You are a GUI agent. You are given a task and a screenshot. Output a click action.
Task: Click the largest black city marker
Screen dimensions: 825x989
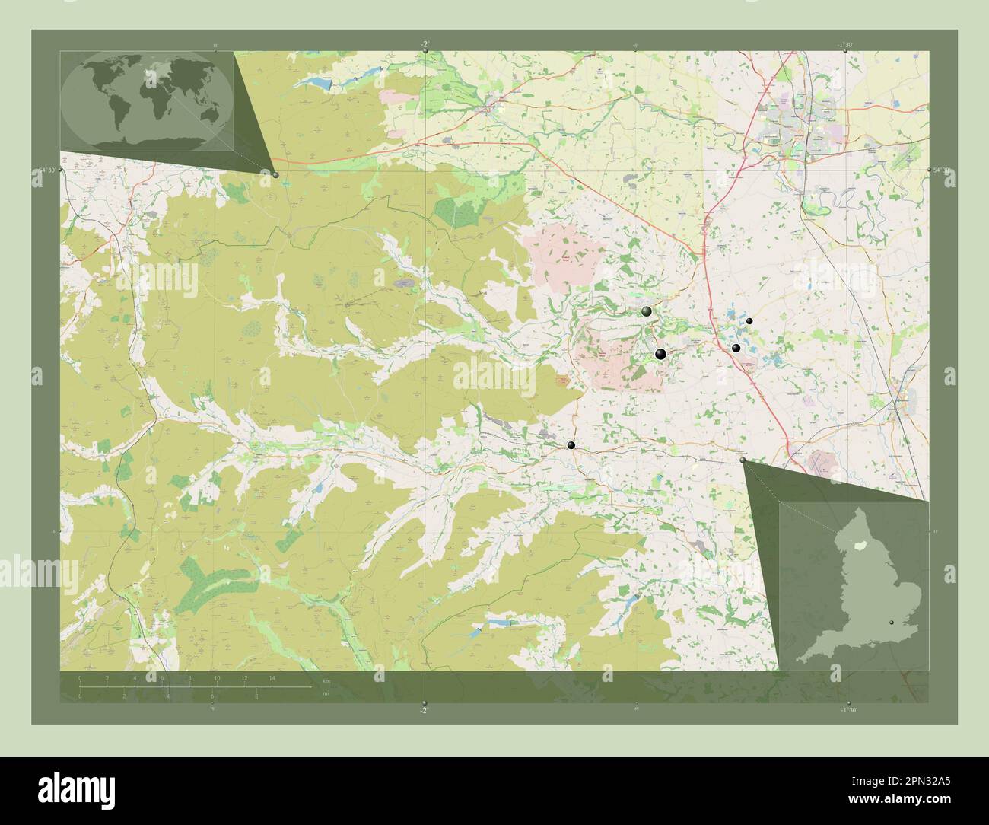point(660,354)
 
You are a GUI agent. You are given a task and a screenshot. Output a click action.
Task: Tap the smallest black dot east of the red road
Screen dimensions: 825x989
point(749,322)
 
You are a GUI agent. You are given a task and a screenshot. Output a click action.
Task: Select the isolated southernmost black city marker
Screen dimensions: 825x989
point(571,445)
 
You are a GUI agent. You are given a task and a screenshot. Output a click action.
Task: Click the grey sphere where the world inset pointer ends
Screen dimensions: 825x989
point(275,174)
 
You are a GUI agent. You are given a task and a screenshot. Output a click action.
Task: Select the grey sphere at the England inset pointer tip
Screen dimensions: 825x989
point(743,460)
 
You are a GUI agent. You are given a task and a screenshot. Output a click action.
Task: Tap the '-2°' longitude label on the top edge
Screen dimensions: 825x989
point(425,45)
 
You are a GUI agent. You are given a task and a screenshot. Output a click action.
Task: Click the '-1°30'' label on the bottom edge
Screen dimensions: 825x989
point(849,709)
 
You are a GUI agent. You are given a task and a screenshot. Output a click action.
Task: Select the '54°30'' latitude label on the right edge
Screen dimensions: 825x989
point(940,171)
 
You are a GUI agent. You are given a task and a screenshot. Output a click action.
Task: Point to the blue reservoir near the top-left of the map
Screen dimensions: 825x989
point(339,77)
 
